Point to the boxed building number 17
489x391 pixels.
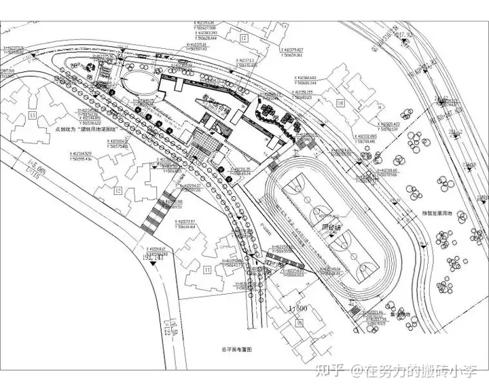[242, 37]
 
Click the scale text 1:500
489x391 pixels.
[299, 309]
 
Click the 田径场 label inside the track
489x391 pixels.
[331, 228]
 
